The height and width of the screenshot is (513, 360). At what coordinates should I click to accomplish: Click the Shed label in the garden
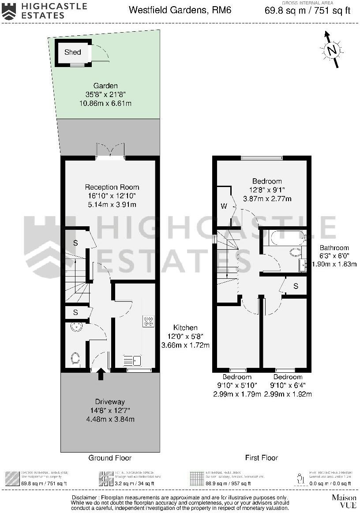[x=73, y=52]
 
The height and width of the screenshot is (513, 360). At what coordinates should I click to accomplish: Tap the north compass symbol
[x=332, y=50]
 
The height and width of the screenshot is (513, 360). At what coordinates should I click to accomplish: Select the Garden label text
[x=105, y=86]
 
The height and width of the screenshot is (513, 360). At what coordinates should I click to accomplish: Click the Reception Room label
[x=112, y=187]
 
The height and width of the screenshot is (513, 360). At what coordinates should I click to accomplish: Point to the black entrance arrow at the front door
[x=101, y=374]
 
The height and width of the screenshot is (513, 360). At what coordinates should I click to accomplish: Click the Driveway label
[x=110, y=402]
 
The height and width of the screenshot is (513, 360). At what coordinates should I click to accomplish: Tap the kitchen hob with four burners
[x=148, y=321]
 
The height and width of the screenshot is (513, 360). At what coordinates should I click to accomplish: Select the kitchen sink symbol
[x=131, y=361]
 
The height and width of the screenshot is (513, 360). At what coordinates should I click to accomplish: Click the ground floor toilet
[x=75, y=358]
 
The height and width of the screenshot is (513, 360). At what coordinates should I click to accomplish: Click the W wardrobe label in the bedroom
[x=224, y=206]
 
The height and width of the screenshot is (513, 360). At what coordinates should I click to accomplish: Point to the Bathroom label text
[x=334, y=248]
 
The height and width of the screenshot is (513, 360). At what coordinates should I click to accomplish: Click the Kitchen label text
[x=185, y=328]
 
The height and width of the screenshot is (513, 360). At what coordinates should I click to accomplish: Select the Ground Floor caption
[x=110, y=458]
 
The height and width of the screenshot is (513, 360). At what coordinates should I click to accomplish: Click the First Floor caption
[x=262, y=458]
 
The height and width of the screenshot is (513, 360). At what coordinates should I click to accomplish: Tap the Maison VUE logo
[x=344, y=501]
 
